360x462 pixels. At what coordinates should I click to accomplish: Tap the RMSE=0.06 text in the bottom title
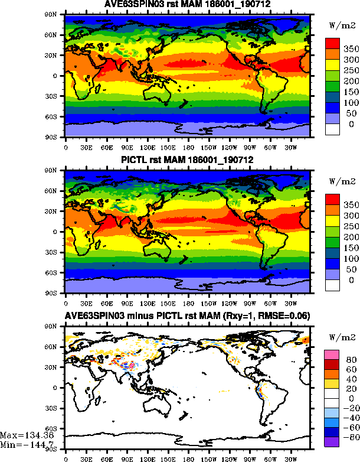[287, 316]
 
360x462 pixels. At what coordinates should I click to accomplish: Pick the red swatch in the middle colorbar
[332, 199]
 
